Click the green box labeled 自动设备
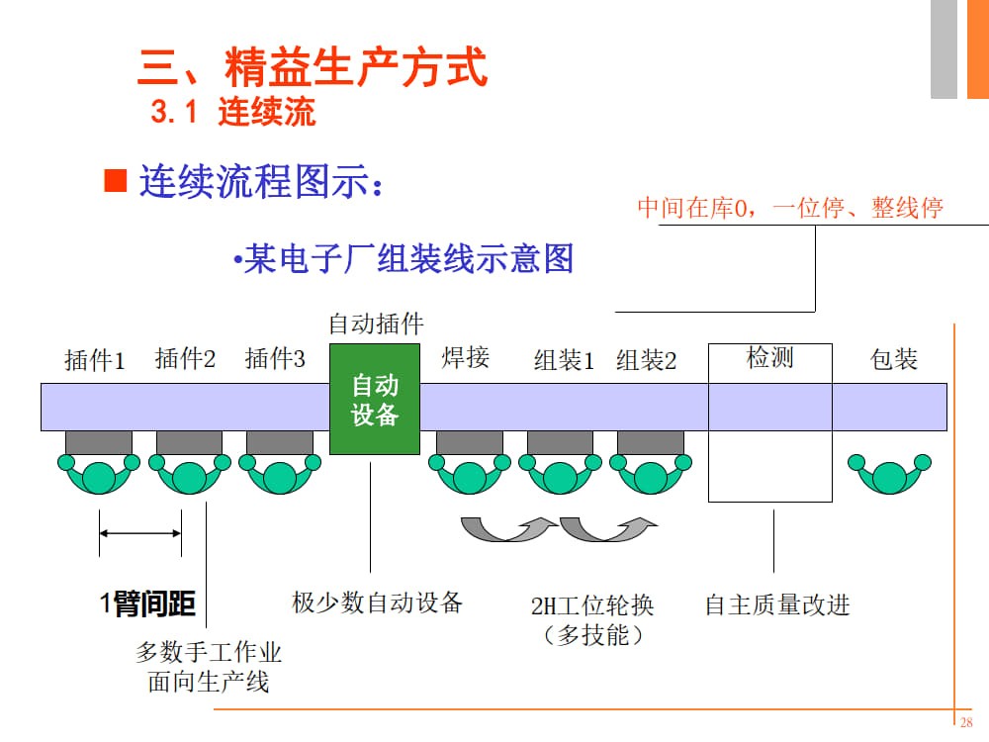click(375, 400)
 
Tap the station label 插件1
click(95, 360)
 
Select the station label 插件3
click(275, 358)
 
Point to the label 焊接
click(465, 357)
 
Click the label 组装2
click(646, 360)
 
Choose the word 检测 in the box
click(769, 357)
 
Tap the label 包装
click(893, 358)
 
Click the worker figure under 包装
click(888, 472)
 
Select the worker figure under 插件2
click(189, 472)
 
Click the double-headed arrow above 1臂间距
click(140, 534)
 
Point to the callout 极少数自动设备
click(377, 602)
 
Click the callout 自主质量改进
click(776, 604)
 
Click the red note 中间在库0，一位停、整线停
click(789, 208)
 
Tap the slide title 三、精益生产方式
click(312, 68)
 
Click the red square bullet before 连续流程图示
click(117, 181)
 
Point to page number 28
click(966, 721)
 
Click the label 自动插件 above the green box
click(376, 324)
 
